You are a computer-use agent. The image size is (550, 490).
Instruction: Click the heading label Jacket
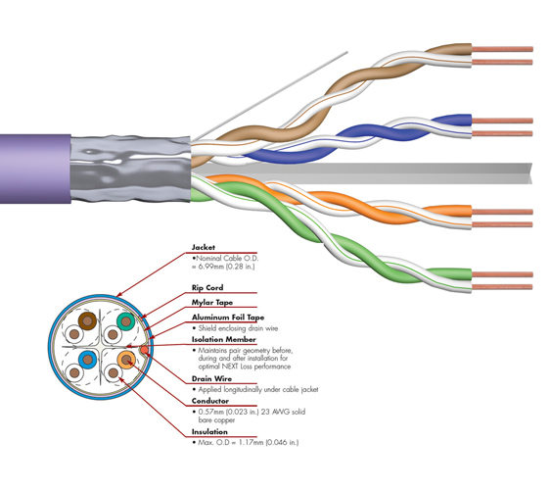204,247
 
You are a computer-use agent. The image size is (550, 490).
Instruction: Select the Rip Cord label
207,288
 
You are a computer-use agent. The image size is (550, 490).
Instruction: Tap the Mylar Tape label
211,303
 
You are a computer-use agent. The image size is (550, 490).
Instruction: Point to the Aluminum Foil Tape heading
228,318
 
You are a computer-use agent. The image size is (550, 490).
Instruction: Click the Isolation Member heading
224,339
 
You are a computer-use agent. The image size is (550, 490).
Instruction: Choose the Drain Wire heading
211,378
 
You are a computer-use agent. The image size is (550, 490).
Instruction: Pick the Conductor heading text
210,401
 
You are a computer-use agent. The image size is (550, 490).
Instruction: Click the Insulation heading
209,432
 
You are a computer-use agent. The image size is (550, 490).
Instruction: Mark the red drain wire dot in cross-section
144,350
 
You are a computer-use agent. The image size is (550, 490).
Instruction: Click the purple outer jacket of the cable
35,169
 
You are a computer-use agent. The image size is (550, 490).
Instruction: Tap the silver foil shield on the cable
130,169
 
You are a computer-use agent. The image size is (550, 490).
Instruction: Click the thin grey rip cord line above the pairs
270,96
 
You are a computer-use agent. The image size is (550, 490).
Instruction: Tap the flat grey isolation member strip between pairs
361,173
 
